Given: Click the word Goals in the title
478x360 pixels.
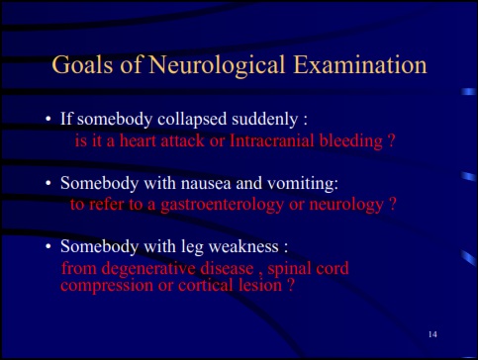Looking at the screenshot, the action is tap(82, 64).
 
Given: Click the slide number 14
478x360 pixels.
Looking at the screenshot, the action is tap(432, 334).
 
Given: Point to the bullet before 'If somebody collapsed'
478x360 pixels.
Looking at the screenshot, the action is tap(48, 119).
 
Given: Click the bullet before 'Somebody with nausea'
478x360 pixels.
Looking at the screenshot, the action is tap(48, 183).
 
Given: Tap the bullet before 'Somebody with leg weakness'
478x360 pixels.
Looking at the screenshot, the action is tap(48, 246).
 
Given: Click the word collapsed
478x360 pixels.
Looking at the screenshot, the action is tap(192, 120).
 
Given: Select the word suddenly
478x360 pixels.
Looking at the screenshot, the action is tap(265, 120).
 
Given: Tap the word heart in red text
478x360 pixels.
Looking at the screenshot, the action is tap(138, 140).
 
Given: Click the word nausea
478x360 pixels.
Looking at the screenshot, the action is tap(206, 184).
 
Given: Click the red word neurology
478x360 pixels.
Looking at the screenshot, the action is tap(346, 206).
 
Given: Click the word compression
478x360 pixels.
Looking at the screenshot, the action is tap(107, 286).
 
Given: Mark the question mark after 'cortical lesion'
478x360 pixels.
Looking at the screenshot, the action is tap(291, 285).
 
